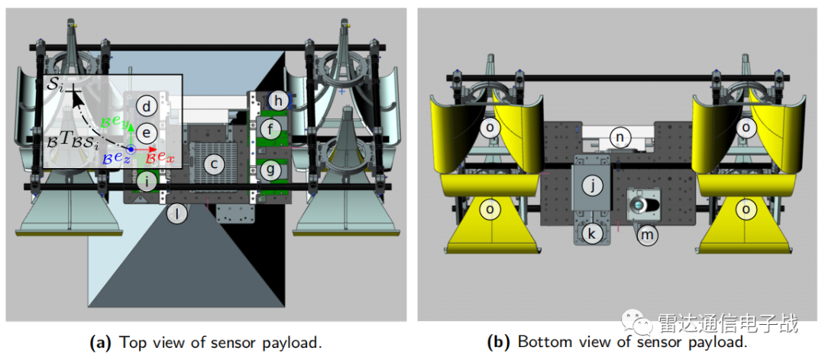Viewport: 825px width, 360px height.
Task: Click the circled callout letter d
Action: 147,105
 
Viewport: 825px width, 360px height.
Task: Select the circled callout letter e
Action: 147,132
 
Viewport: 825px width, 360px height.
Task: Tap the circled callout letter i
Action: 148,181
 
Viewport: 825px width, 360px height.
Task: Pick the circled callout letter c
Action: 215,163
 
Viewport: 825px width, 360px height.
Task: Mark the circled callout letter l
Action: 177,214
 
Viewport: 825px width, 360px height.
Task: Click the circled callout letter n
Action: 621,137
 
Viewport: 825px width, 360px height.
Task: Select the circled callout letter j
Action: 592,184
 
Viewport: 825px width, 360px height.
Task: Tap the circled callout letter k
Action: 592,232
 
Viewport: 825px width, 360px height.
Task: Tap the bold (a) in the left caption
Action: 102,342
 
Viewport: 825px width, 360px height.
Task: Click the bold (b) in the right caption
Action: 500,342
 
